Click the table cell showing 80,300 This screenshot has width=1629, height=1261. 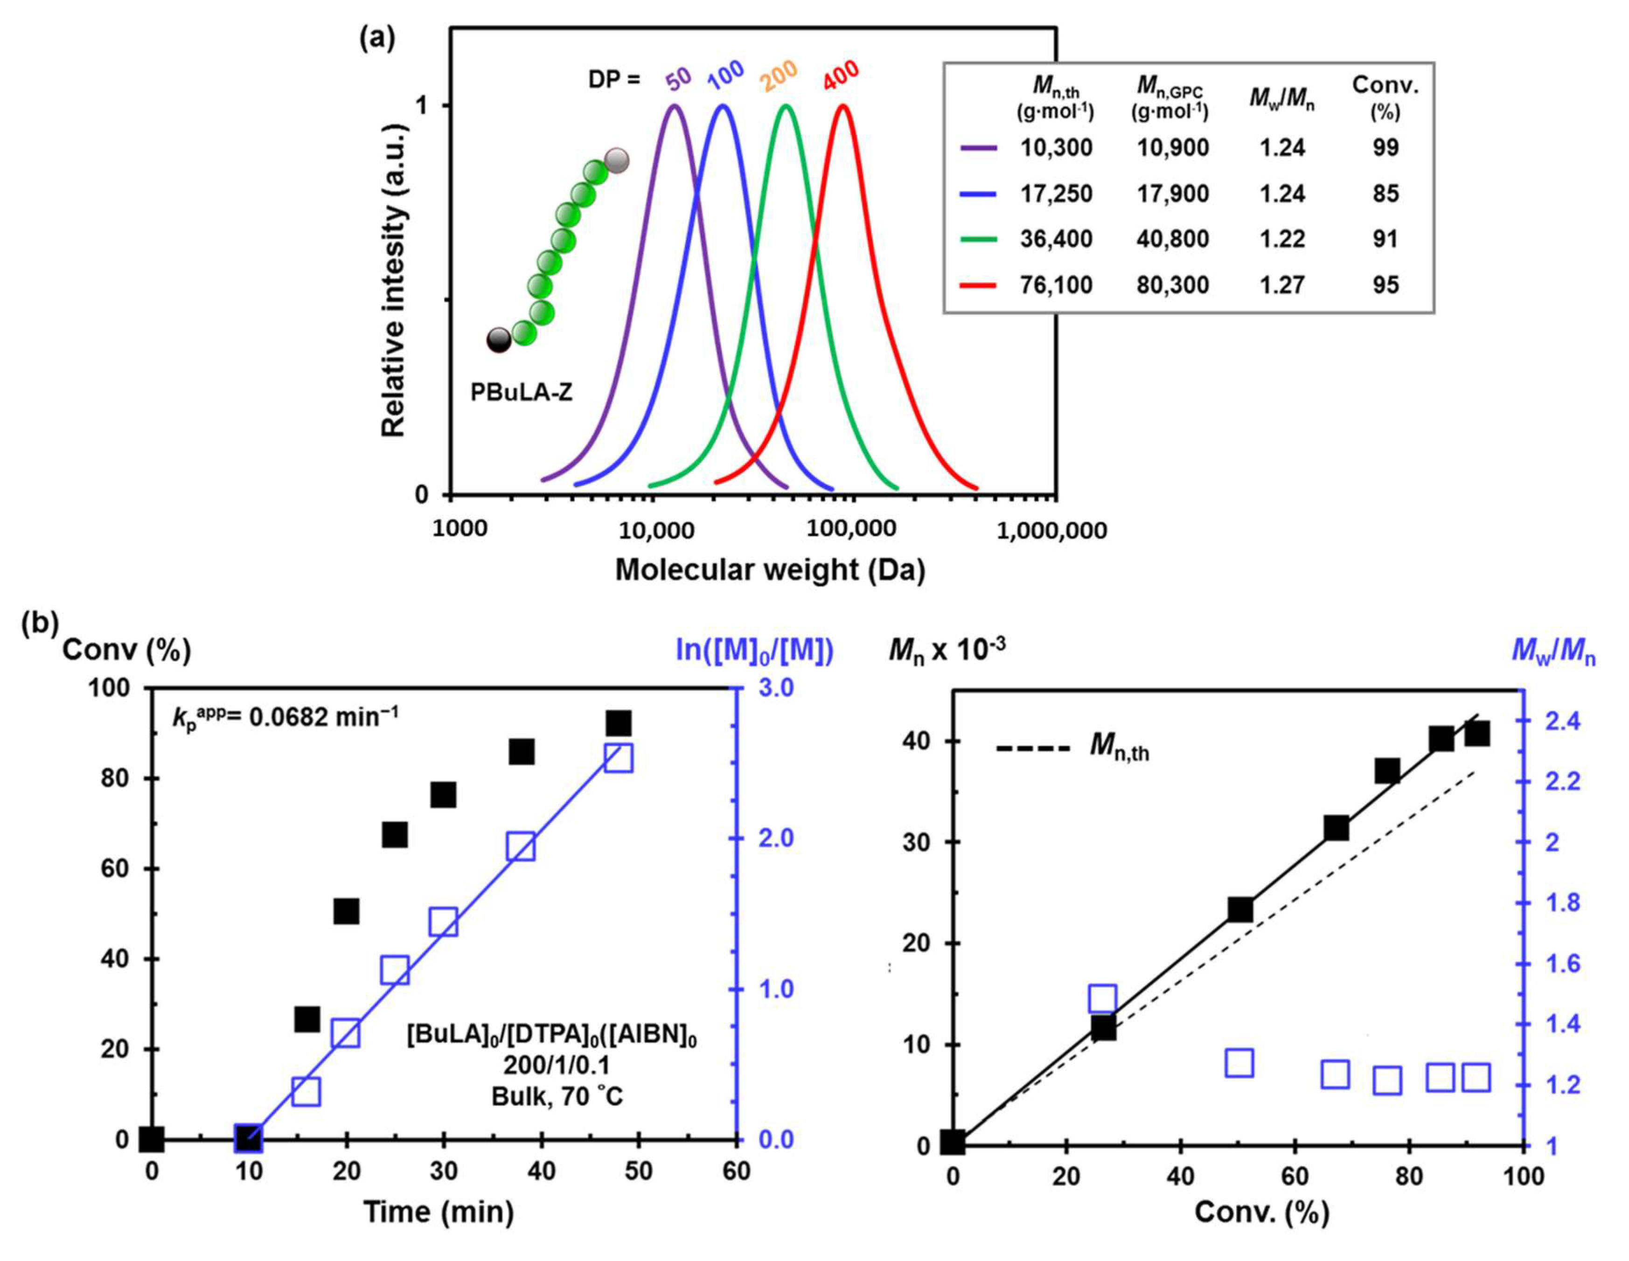click(1172, 285)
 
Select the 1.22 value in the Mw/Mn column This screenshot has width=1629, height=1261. click(1282, 239)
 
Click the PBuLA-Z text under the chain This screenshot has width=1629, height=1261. click(522, 392)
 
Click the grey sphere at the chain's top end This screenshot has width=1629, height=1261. click(617, 159)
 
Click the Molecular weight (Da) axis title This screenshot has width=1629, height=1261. click(770, 570)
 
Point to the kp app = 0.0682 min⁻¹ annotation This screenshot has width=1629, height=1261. click(285, 717)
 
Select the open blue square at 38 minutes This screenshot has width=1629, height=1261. click(522, 847)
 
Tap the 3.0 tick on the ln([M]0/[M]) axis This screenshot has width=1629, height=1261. click(776, 688)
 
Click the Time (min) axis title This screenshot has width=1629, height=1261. click(439, 1212)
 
